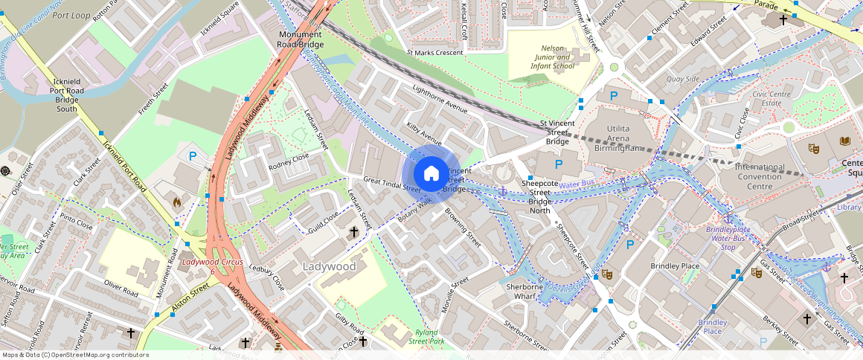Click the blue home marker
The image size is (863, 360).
pyautogui.click(x=431, y=174)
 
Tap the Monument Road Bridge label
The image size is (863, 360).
pyautogui.click(x=301, y=40)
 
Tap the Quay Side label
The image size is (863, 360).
pyautogui.click(x=682, y=79)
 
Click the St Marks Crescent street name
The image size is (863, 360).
pyautogui.click(x=434, y=53)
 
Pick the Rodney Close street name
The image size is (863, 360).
pyautogui.click(x=289, y=157)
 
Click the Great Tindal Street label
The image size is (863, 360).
pyautogui.click(x=392, y=184)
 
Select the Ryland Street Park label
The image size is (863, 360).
pyautogui.click(x=426, y=337)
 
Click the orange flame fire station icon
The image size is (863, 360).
pyautogui.click(x=177, y=202)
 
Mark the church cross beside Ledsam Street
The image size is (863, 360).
pyautogui.click(x=353, y=233)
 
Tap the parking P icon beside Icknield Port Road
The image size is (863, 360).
pyautogui.click(x=193, y=156)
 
